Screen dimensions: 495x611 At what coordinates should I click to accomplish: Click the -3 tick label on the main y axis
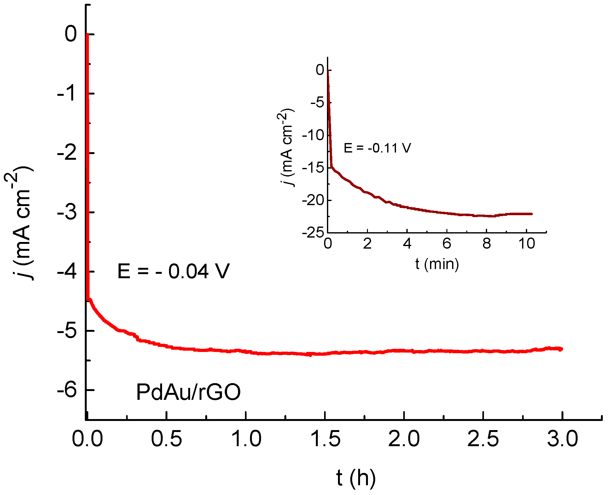click(x=67, y=212)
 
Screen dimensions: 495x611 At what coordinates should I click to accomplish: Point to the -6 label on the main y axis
click(x=67, y=390)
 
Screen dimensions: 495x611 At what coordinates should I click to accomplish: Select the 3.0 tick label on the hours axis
click(x=562, y=439)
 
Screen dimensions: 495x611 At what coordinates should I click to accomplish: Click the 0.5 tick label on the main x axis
click(x=166, y=439)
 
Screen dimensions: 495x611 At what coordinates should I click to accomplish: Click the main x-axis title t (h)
click(x=356, y=478)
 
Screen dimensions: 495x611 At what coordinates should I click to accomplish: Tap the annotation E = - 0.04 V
click(x=173, y=271)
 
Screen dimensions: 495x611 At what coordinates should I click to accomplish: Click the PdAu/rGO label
click(x=188, y=392)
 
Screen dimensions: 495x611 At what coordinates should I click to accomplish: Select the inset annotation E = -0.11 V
click(x=377, y=148)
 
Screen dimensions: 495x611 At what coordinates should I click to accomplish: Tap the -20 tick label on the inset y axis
click(x=313, y=200)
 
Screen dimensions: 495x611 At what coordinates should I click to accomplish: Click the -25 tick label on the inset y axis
click(x=313, y=233)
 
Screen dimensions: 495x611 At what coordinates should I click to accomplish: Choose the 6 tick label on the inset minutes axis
click(x=447, y=244)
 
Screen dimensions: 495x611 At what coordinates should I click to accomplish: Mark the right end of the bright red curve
click(x=562, y=349)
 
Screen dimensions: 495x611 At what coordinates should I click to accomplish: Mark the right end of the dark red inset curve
click(x=532, y=214)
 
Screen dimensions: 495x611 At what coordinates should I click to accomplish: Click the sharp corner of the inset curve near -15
click(x=331, y=166)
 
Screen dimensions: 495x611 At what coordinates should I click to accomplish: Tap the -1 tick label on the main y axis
click(x=67, y=94)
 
